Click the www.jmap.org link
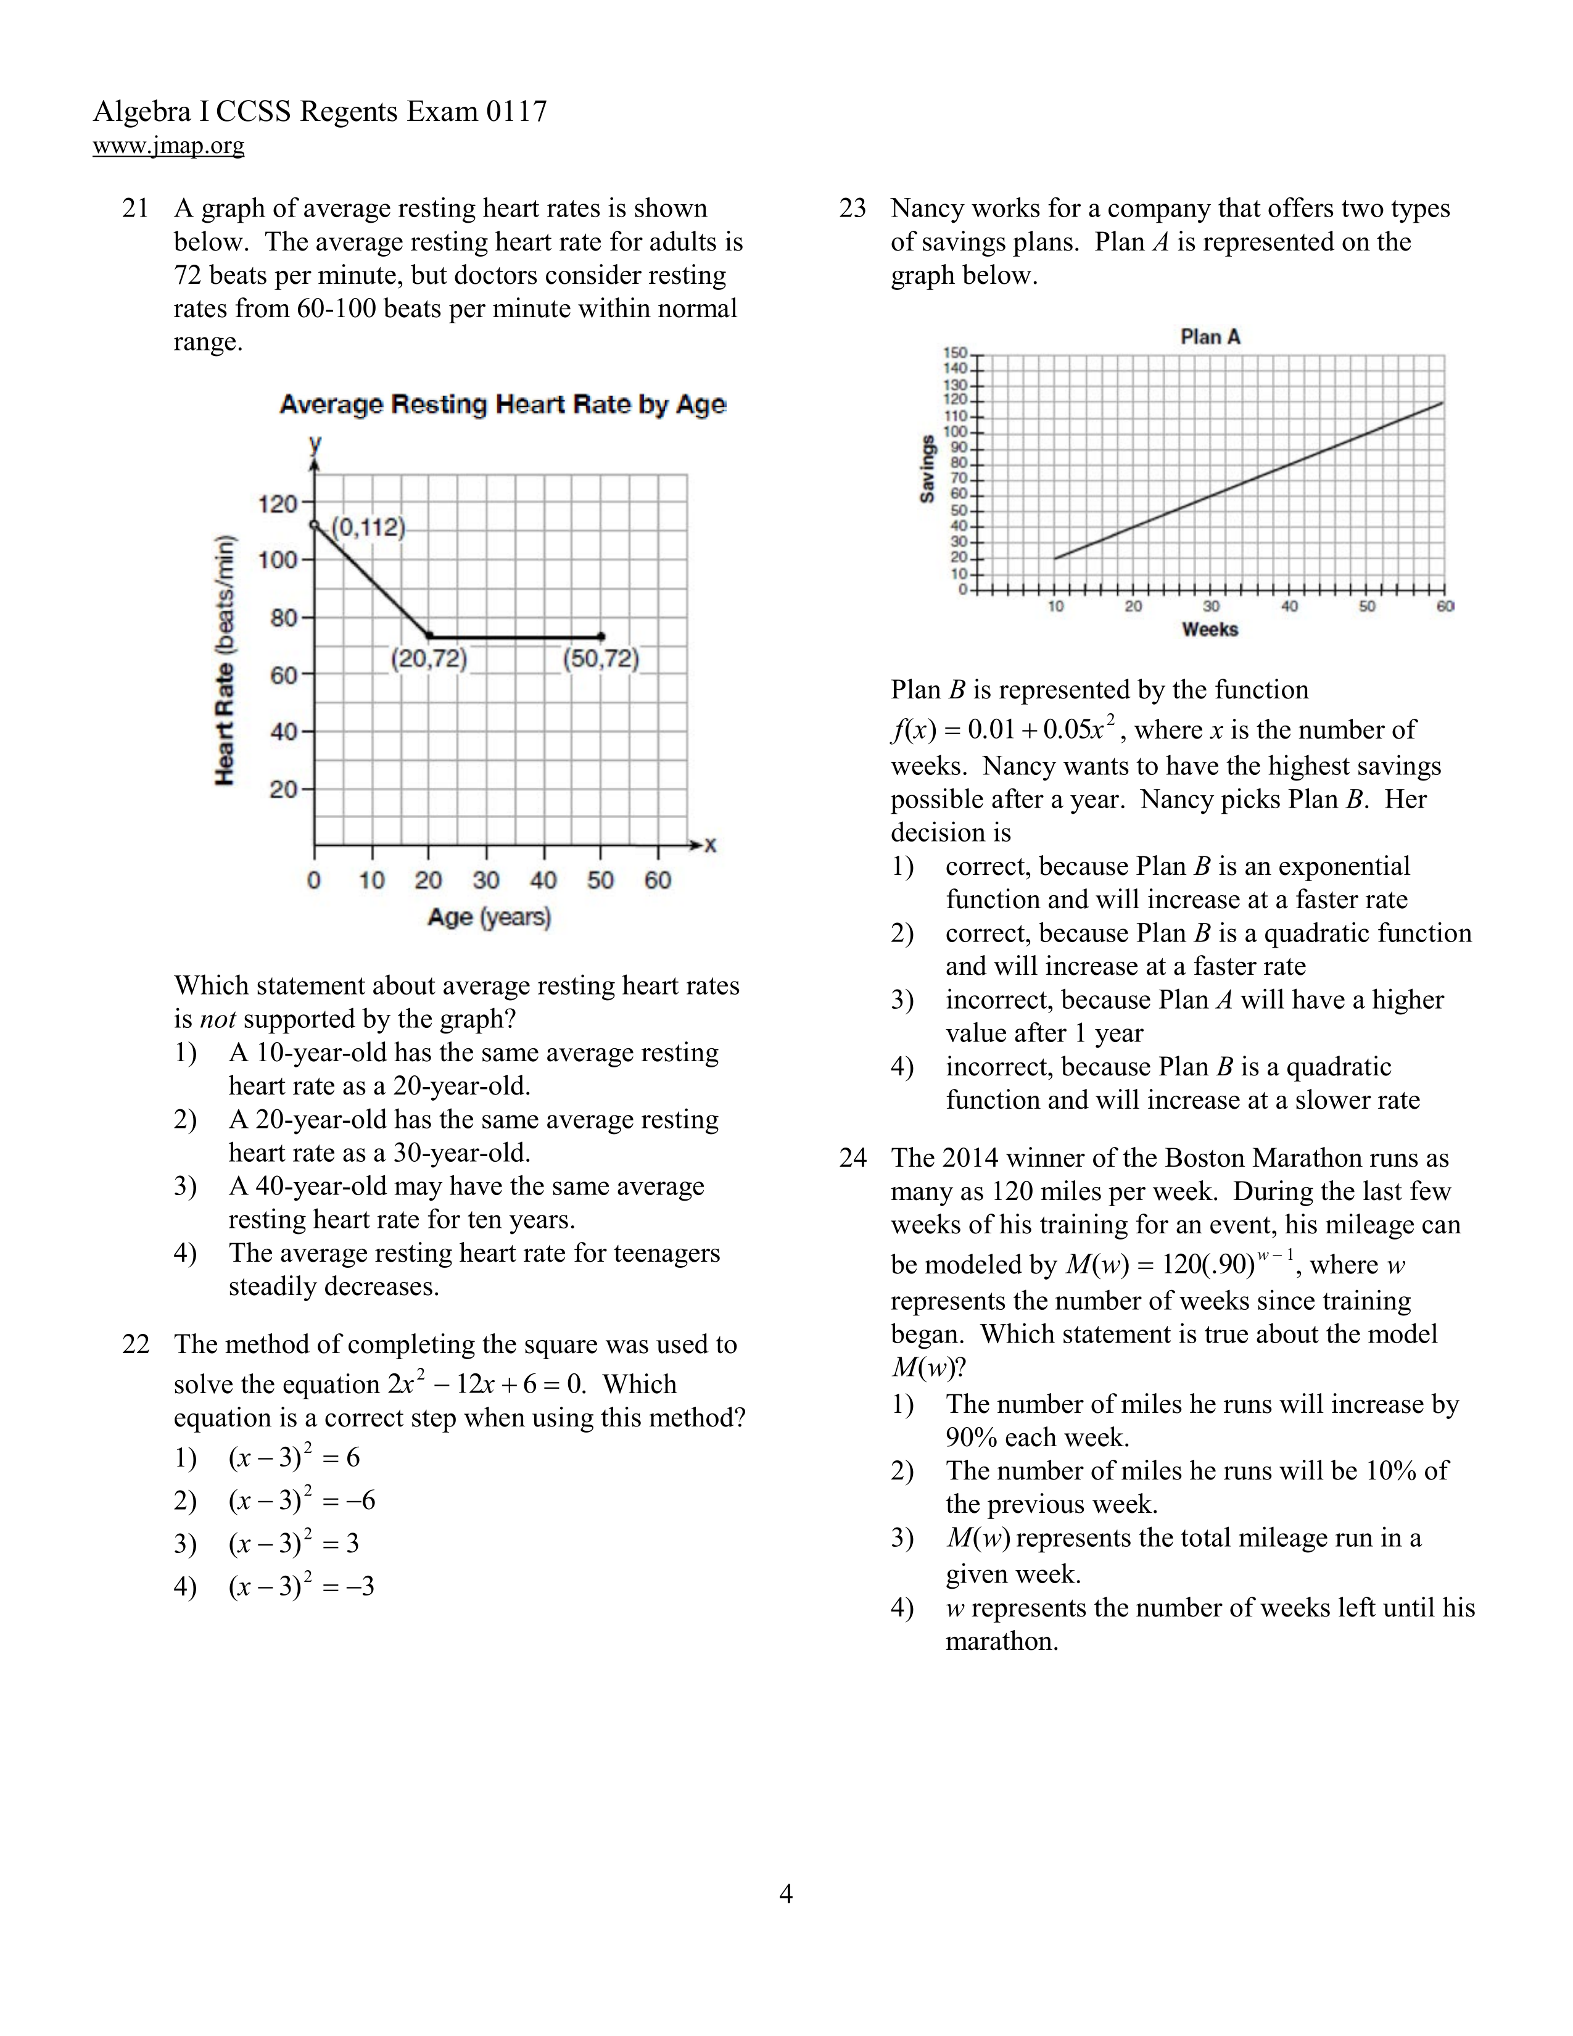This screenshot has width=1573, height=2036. pos(168,146)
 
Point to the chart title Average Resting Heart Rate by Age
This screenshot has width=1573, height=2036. pos(502,405)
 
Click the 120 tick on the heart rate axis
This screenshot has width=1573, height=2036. pos(277,504)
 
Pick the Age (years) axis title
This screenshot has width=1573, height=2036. pos(489,917)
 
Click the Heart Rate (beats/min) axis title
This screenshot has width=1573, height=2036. pos(225,660)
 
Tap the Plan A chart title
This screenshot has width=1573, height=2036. pos(1210,336)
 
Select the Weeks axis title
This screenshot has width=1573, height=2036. pos(1210,629)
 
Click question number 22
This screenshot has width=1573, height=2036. pos(136,1344)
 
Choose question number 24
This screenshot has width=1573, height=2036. pos(853,1158)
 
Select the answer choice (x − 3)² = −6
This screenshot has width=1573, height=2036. pos(302,1500)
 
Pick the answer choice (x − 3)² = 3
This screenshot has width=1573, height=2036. pos(294,1543)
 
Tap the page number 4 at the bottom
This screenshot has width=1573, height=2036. pos(785,1893)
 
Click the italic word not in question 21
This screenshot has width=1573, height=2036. pos(217,1019)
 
